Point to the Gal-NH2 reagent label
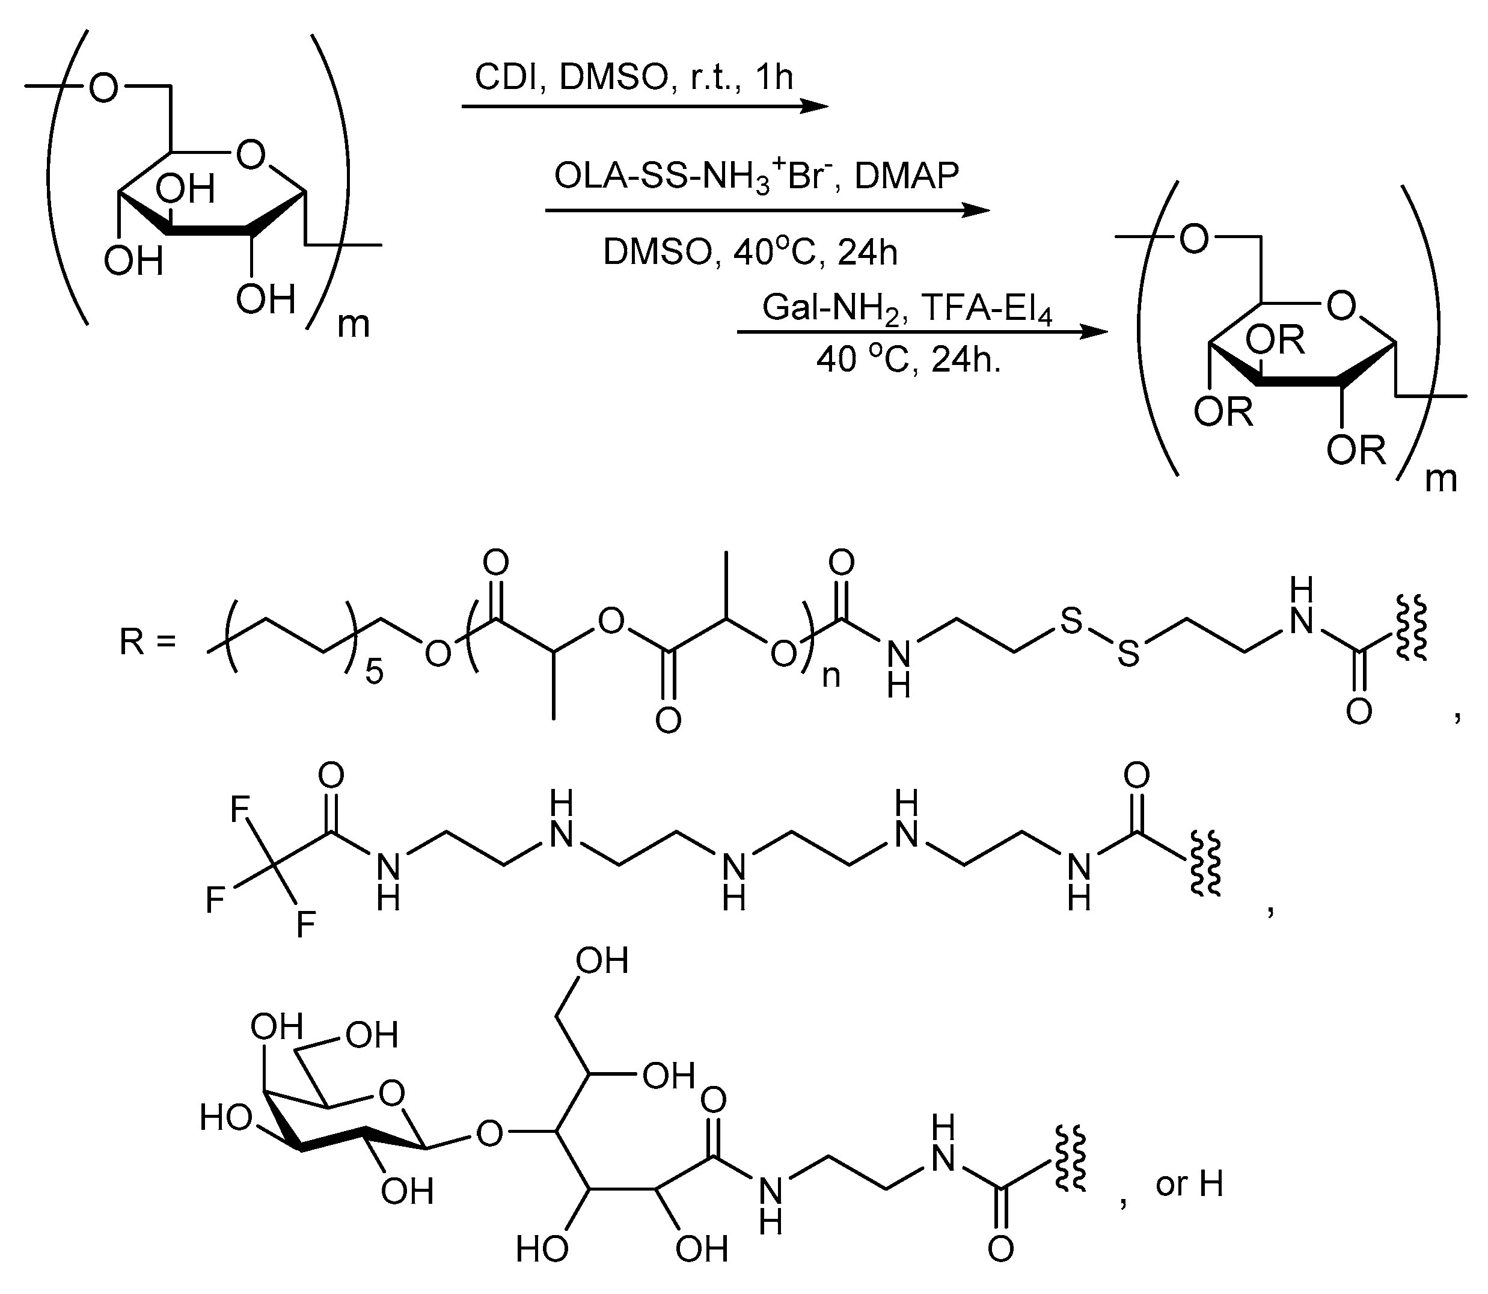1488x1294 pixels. [829, 309]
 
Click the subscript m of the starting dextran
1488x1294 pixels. [353, 325]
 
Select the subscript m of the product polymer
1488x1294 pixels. [1441, 479]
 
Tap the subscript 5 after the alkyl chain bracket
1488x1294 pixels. [374, 673]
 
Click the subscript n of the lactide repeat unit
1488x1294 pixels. [831, 676]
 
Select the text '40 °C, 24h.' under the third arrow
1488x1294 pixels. [908, 359]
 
